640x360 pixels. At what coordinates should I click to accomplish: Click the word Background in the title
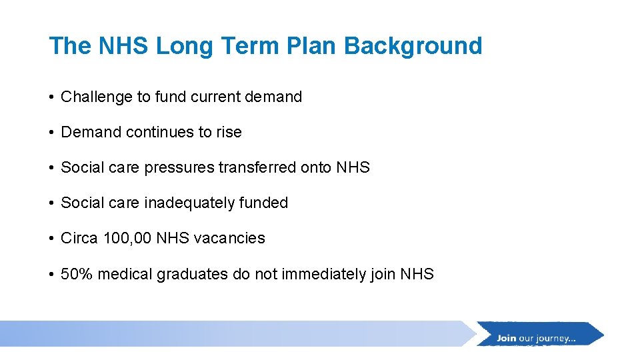(413, 46)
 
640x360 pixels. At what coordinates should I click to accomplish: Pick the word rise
(229, 133)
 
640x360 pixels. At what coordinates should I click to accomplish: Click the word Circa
(79, 239)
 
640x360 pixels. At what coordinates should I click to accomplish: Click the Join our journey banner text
(536, 338)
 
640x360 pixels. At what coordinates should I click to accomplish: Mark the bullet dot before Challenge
(52, 97)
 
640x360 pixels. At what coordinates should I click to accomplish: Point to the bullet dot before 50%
(52, 274)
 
